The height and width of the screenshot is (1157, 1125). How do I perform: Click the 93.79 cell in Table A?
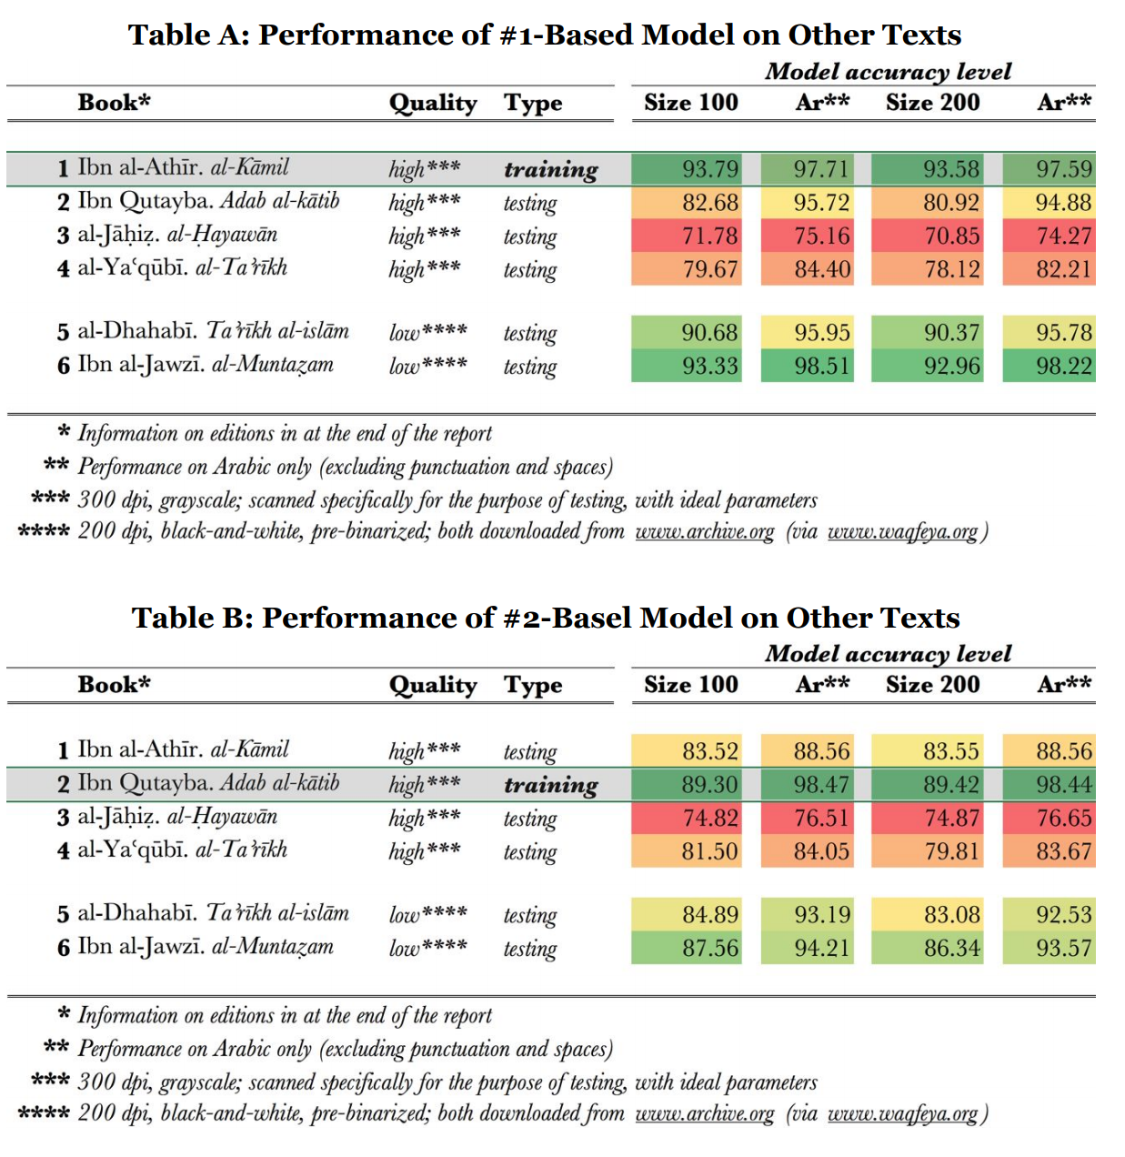coord(688,169)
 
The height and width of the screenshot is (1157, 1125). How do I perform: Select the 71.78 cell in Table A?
coord(688,236)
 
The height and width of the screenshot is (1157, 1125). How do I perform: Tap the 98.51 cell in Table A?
coord(808,367)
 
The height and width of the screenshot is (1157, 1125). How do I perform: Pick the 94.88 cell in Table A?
coord(1050,203)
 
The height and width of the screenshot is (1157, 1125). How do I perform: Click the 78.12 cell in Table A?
coord(928,270)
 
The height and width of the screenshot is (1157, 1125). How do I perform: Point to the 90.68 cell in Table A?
coord(688,333)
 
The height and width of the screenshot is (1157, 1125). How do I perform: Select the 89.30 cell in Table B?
coord(688,785)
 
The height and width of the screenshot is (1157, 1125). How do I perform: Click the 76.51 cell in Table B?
coord(808,819)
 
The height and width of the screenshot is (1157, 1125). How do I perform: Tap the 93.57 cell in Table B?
coord(1050,949)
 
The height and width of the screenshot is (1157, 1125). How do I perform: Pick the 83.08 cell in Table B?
coord(928,915)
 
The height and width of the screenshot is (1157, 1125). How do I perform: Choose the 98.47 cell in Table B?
coord(808,785)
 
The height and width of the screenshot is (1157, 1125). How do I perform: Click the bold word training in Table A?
coord(551,170)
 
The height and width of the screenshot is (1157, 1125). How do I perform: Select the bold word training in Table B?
coord(551,785)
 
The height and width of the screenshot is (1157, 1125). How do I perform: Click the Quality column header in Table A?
coord(433,103)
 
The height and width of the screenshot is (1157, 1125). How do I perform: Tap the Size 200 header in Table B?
coord(933,685)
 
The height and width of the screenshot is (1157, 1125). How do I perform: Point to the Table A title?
coord(545,35)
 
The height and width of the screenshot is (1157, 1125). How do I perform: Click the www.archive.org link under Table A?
coord(705,531)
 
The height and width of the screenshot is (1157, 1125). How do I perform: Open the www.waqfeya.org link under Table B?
coord(902,1113)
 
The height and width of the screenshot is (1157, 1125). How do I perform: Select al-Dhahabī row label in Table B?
coord(203,913)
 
